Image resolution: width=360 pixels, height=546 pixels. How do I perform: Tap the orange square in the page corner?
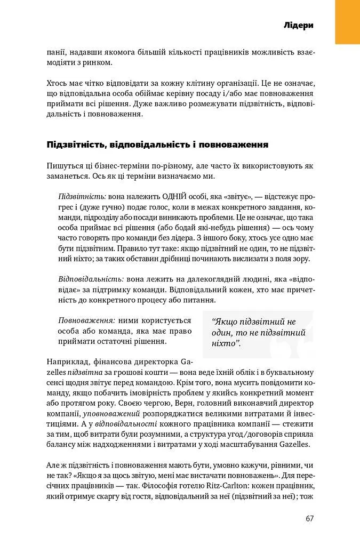347,22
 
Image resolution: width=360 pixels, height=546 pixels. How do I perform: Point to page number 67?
310,518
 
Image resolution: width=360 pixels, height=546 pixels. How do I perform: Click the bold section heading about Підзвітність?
157,144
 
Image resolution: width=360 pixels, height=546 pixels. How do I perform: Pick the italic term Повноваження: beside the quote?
86,320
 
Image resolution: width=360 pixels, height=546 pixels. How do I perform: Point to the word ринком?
98,63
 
